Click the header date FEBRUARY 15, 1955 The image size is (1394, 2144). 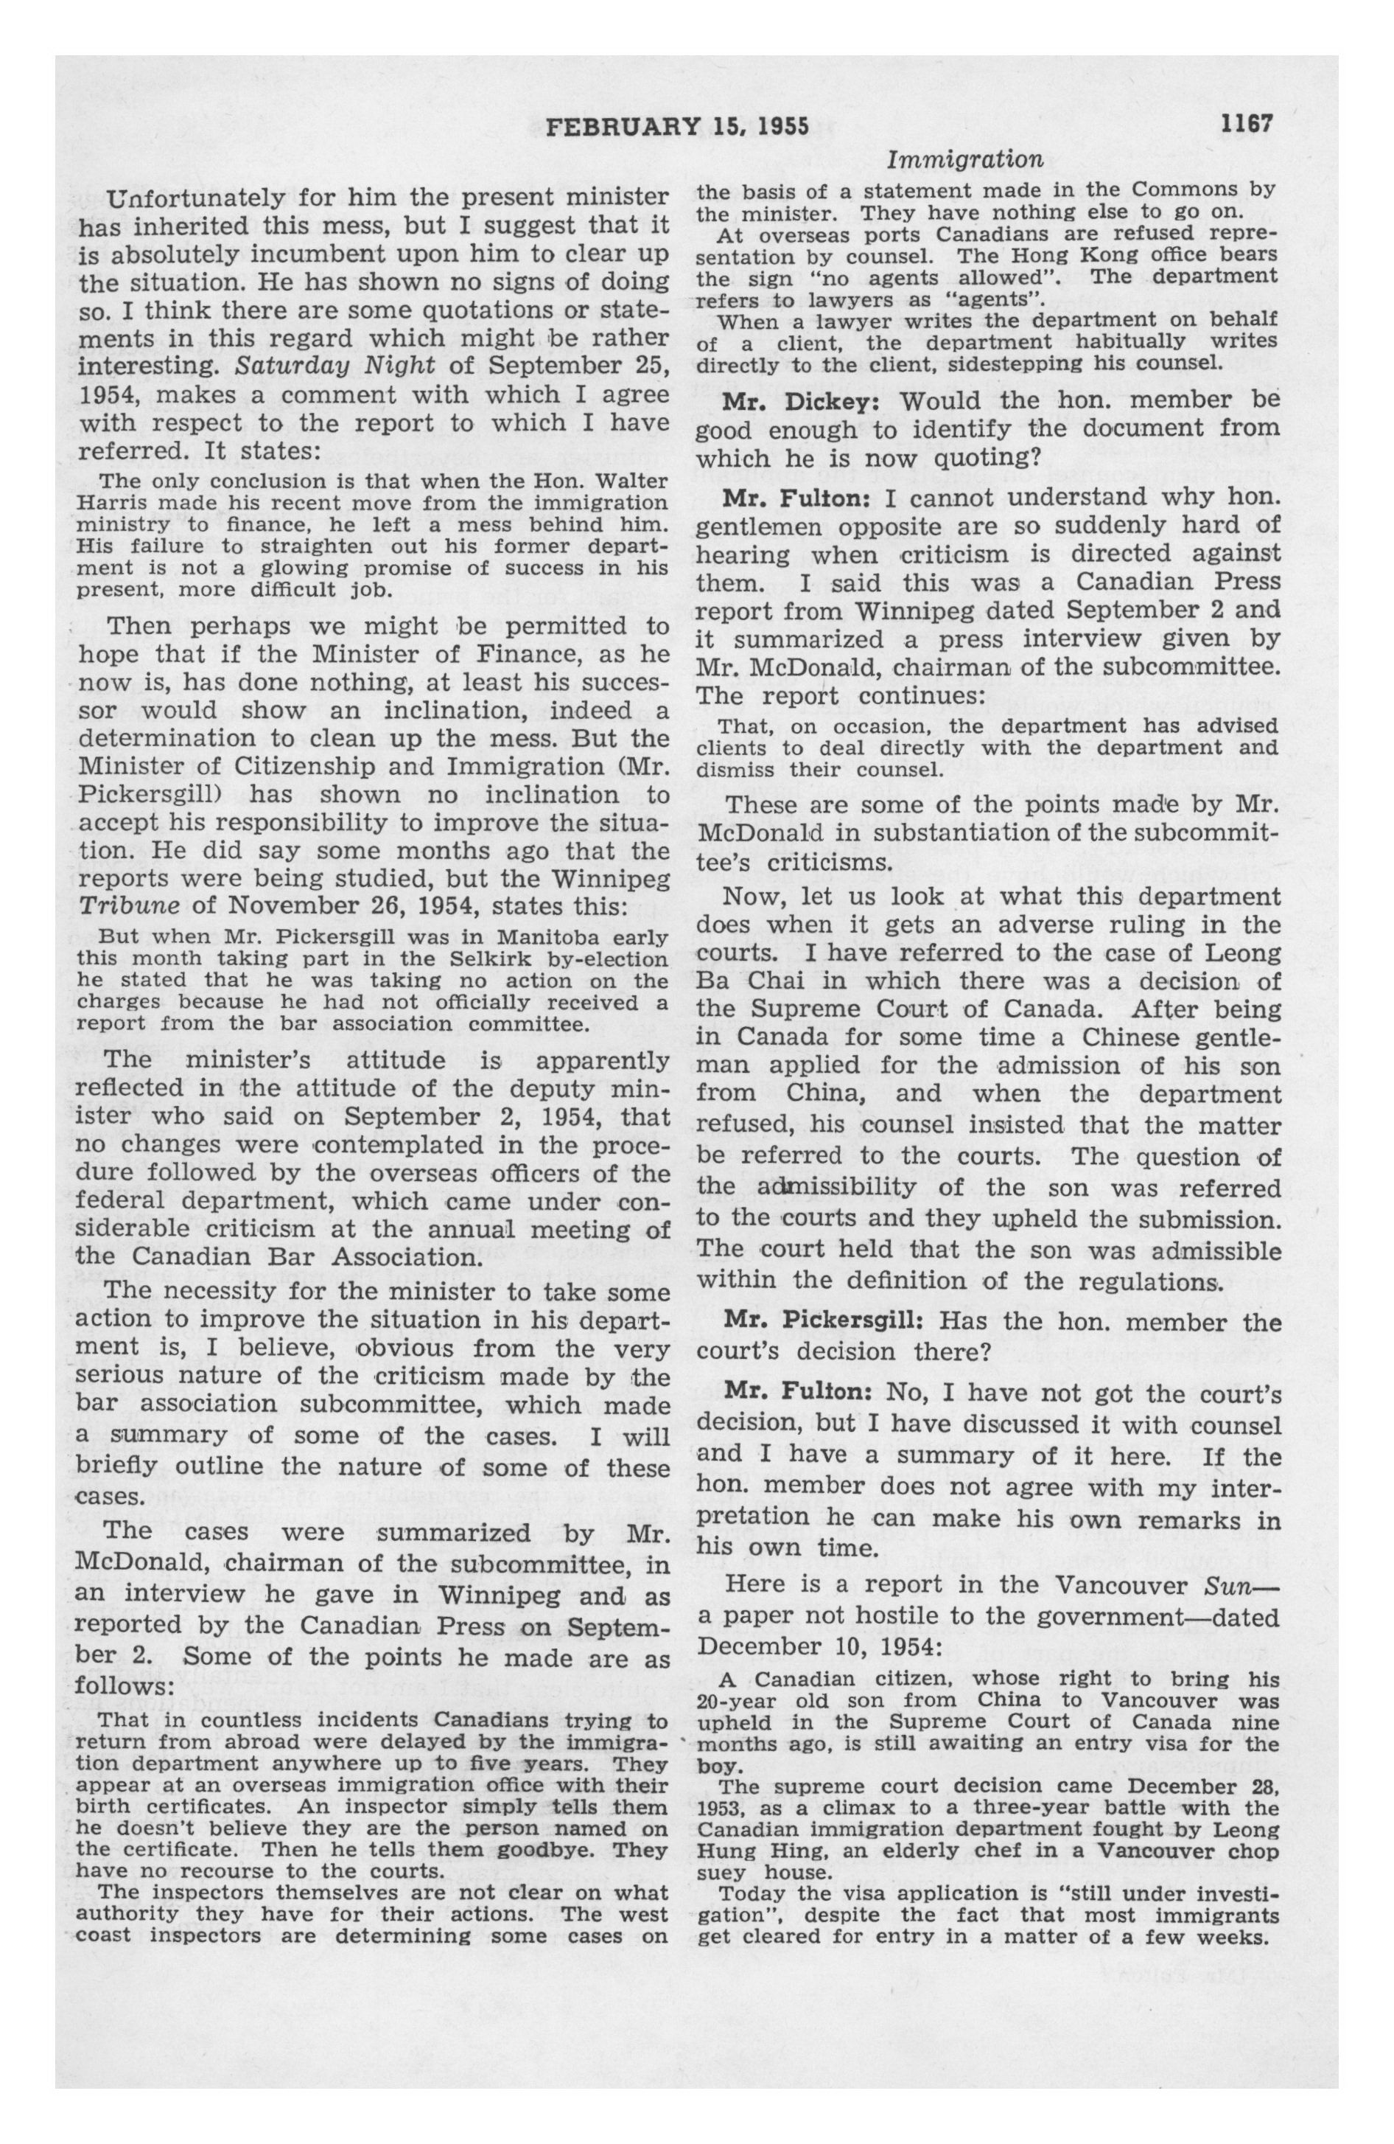pyautogui.click(x=678, y=126)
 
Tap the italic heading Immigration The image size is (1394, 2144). pyautogui.click(x=964, y=160)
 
